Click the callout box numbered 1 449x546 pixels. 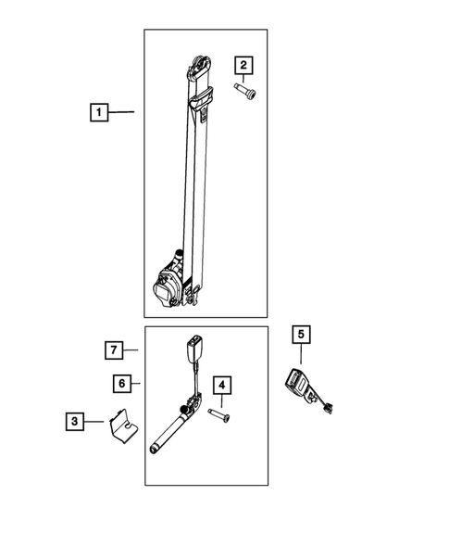pyautogui.click(x=99, y=112)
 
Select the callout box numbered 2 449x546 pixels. pyautogui.click(x=243, y=65)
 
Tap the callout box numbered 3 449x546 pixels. pyautogui.click(x=75, y=422)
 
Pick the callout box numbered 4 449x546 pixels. pyautogui.click(x=222, y=385)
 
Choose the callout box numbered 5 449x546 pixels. pyautogui.click(x=301, y=335)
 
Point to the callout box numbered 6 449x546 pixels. pyautogui.click(x=122, y=384)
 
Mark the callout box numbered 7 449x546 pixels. pyautogui.click(x=114, y=349)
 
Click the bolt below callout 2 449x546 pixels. pyautogui.click(x=245, y=92)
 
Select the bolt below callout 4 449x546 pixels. pyautogui.click(x=219, y=415)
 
